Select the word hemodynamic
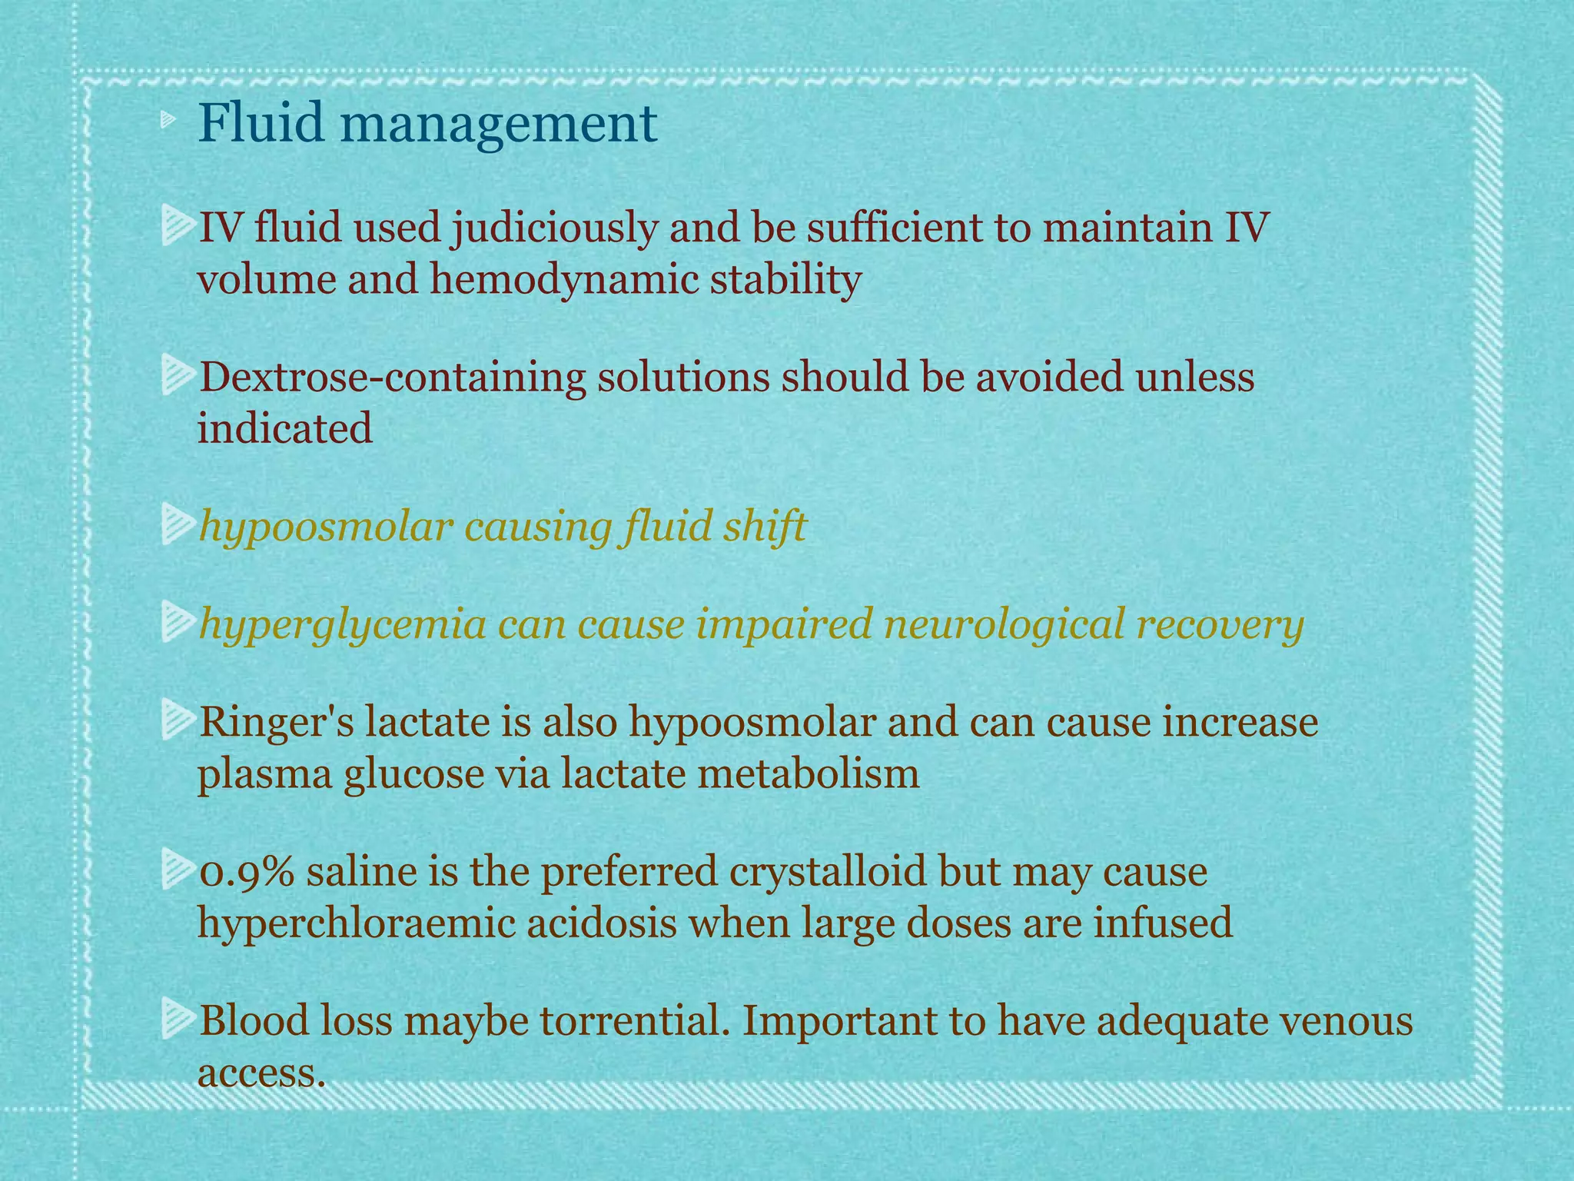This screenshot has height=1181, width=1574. pos(563,279)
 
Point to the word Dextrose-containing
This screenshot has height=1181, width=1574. pos(391,378)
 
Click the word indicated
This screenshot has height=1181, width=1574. pos(285,427)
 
